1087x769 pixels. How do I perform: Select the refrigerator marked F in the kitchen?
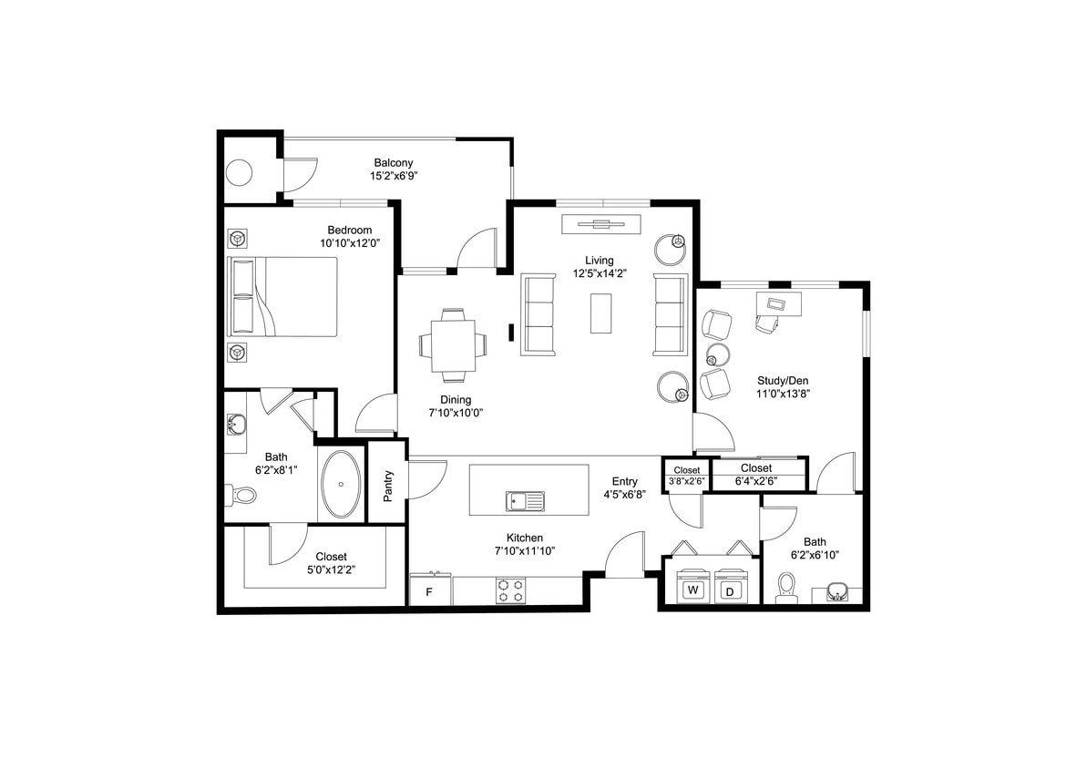click(430, 590)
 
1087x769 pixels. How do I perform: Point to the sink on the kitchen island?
click(525, 501)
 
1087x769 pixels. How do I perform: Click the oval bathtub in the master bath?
click(342, 485)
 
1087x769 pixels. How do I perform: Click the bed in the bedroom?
click(282, 297)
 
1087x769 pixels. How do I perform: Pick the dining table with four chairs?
click(453, 345)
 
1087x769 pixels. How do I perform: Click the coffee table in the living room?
click(600, 313)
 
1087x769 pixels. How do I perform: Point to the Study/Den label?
click(783, 381)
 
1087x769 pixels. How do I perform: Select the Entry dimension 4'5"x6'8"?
click(624, 496)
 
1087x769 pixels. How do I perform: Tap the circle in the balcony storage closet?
click(240, 171)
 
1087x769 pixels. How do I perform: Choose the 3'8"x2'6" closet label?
click(686, 481)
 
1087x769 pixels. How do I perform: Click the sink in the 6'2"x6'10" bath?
click(836, 595)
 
